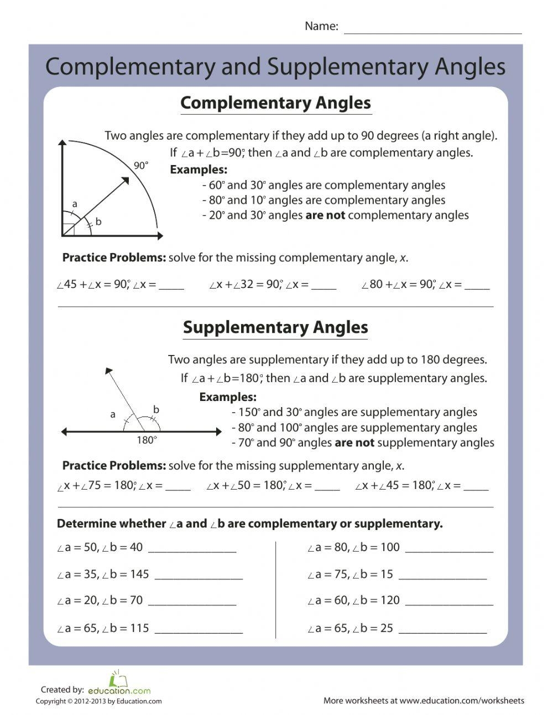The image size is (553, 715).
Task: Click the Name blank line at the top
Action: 432,29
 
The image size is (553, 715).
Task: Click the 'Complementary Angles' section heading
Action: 275,103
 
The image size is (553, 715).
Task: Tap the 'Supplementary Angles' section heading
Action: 275,327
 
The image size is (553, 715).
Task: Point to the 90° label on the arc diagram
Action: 141,166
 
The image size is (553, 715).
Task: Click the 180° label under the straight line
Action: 147,440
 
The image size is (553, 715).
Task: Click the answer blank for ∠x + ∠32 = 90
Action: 324,287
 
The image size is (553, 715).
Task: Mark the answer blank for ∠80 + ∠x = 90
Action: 477,287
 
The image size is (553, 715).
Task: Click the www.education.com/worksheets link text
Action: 462,701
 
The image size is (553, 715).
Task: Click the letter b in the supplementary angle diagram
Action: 156,409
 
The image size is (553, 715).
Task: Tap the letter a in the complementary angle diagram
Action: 75,204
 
